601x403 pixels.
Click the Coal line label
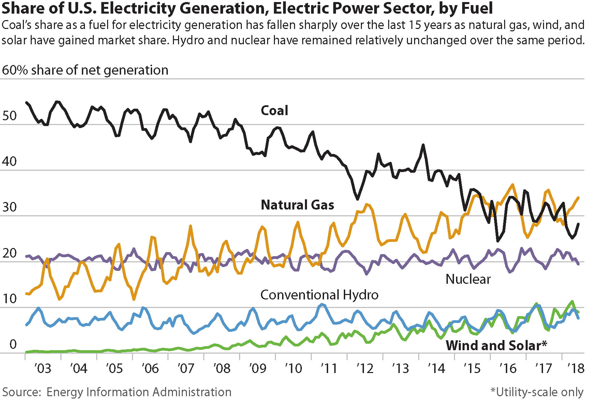pyautogui.click(x=274, y=111)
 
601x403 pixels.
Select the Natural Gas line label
pyautogui.click(x=297, y=205)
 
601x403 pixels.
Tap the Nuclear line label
pyautogui.click(x=468, y=279)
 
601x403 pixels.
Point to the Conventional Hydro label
pyautogui.click(x=319, y=295)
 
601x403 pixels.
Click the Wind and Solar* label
pyautogui.click(x=496, y=345)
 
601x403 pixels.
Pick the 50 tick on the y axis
pyautogui.click(x=10, y=116)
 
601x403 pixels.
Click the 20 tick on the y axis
pyautogui.click(x=10, y=253)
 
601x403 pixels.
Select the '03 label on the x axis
pyautogui.click(x=43, y=369)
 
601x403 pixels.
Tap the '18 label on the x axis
pyautogui.click(x=576, y=369)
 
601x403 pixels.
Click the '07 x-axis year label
pyautogui.click(x=186, y=369)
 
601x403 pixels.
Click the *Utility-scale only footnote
pyautogui.click(x=537, y=392)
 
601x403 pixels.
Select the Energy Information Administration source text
pyautogui.click(x=138, y=392)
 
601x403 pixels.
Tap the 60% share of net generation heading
pyautogui.click(x=85, y=70)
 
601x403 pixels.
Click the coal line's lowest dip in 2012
pyautogui.click(x=357, y=199)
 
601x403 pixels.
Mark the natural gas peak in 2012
pyautogui.click(x=367, y=204)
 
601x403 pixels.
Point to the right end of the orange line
pyautogui.click(x=578, y=197)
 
